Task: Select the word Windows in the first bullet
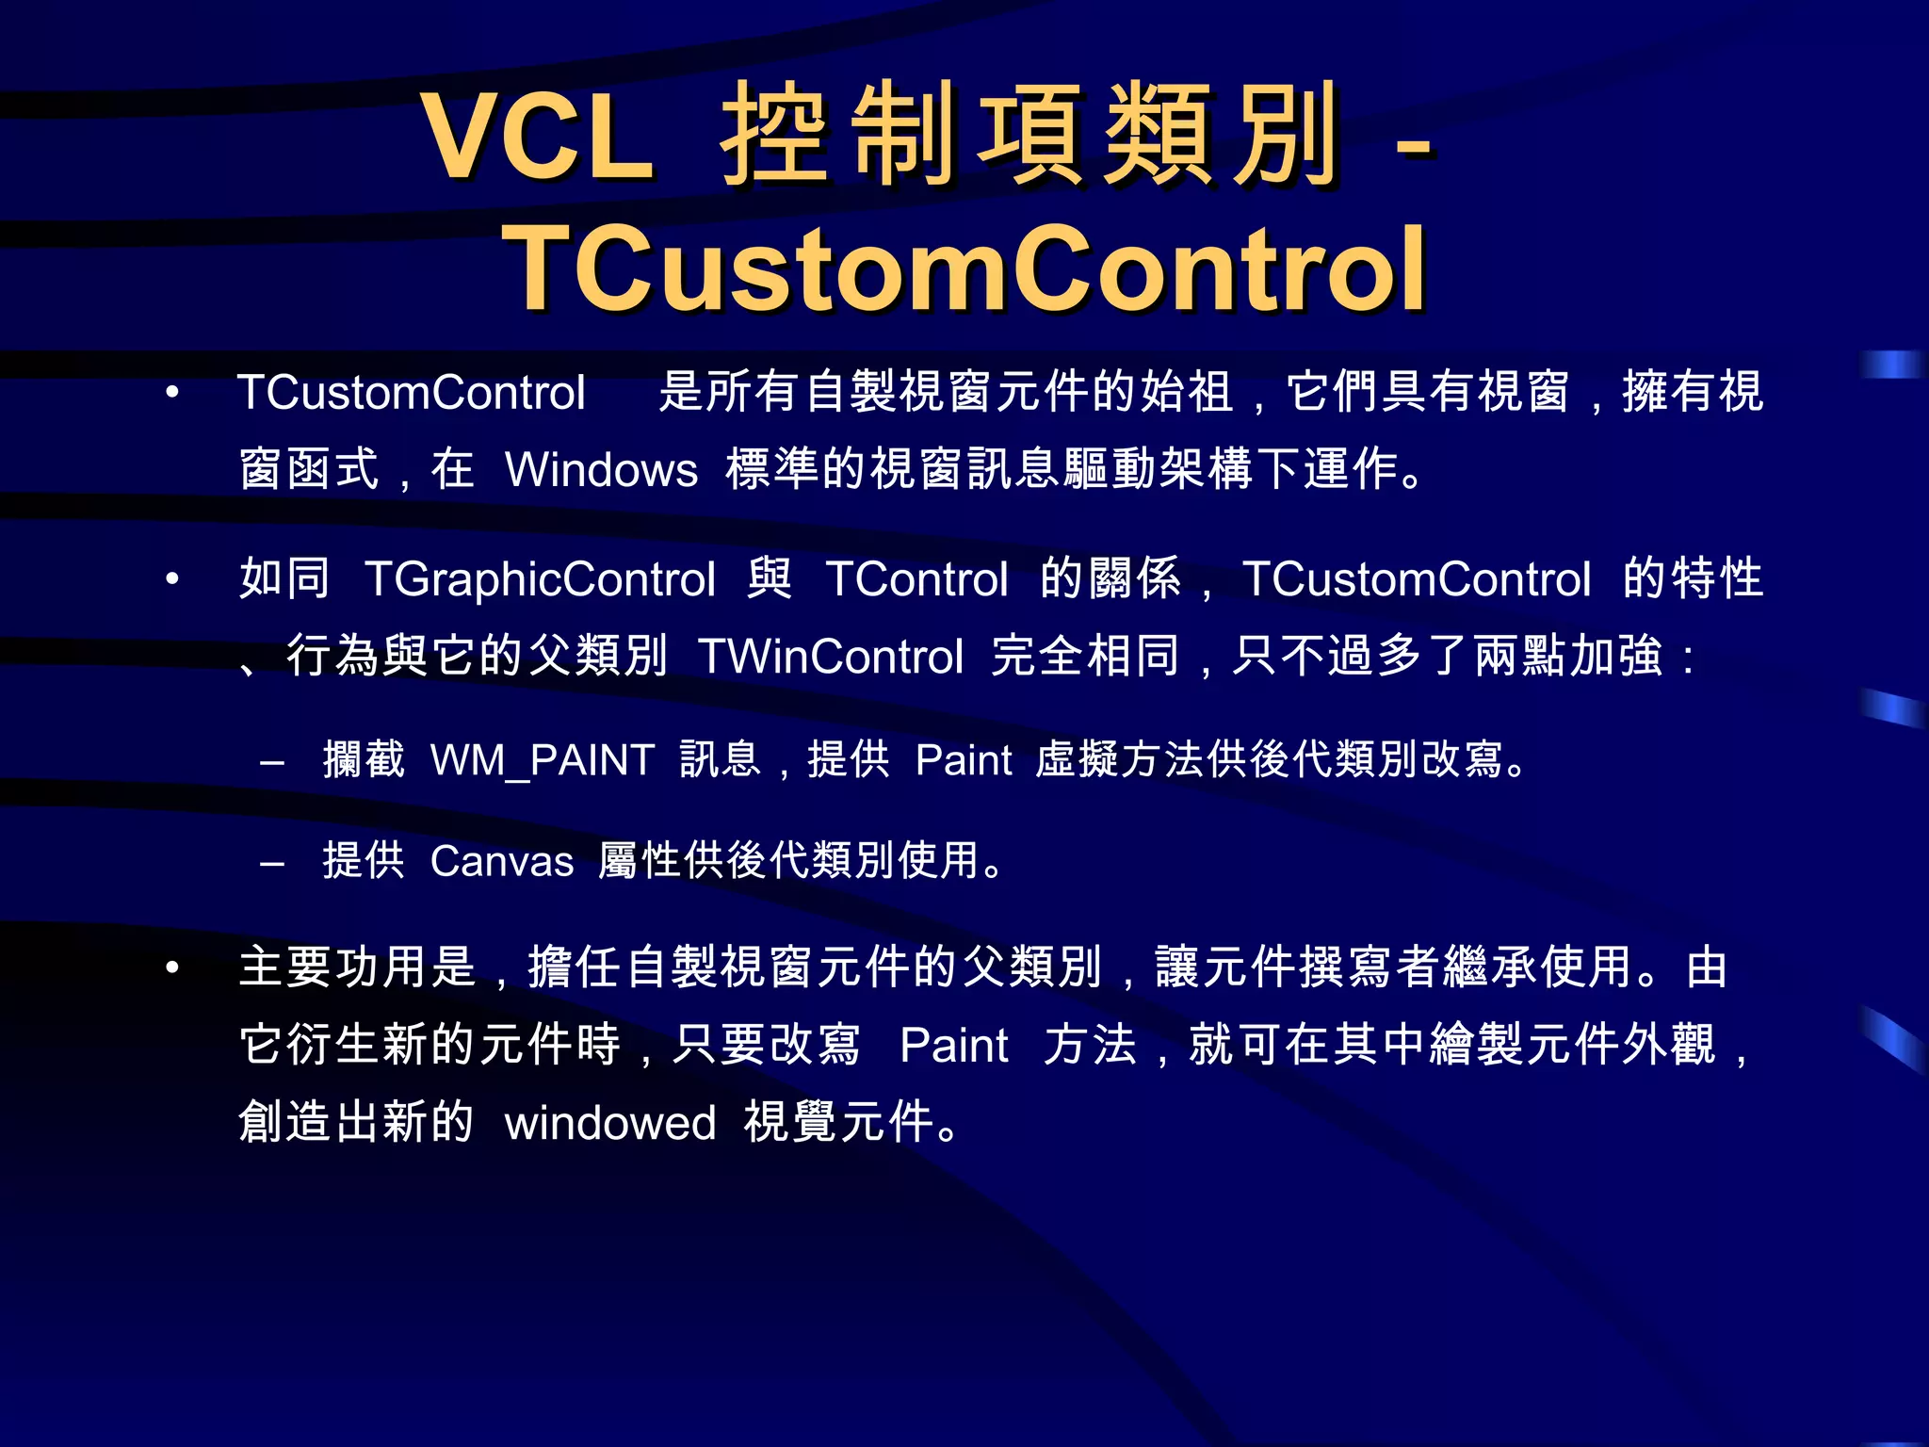pos(601,469)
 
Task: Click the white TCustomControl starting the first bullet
pos(412,392)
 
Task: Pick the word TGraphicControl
pos(540,578)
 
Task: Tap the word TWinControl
pos(831,656)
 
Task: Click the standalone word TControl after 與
pos(917,578)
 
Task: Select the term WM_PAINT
pos(543,759)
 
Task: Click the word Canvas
pos(502,861)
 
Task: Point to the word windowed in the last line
pos(610,1123)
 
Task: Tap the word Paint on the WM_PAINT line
pos(964,759)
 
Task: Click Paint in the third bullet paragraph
pos(953,1045)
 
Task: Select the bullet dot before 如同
pos(171,578)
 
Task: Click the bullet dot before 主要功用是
pos(171,967)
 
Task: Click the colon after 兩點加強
pos(1688,658)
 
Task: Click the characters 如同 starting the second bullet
pos(284,578)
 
